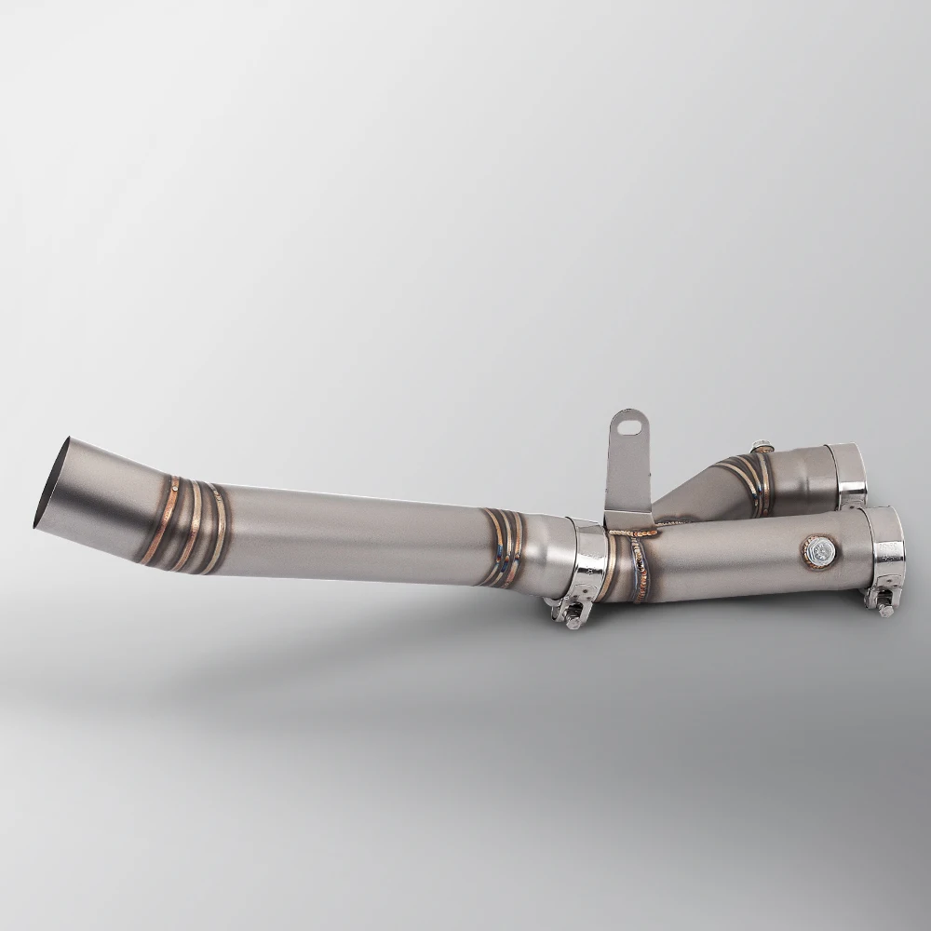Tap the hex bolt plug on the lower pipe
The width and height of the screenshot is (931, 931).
click(817, 552)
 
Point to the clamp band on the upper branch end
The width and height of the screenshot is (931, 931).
click(848, 475)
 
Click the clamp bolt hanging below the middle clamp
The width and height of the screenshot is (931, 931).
click(569, 614)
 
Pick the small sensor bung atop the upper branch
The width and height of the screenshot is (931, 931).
click(761, 448)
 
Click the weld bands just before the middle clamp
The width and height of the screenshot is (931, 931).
click(504, 549)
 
